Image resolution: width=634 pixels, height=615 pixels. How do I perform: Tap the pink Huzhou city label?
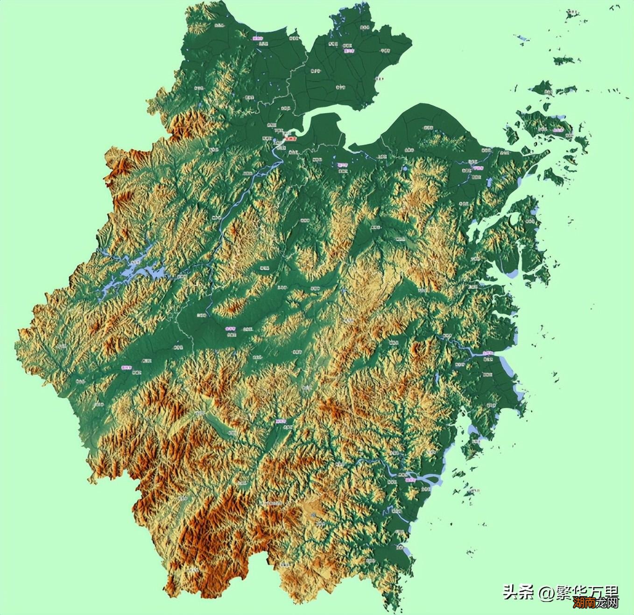[x=258, y=39]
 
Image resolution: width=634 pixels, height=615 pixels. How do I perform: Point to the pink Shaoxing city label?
[x=343, y=165]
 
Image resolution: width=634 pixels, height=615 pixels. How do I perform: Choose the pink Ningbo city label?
[x=477, y=168]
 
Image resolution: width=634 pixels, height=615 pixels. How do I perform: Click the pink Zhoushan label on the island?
[x=557, y=131]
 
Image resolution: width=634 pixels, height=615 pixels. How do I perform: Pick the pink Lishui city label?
[x=281, y=421]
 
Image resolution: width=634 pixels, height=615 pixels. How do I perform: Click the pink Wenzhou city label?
[x=410, y=479]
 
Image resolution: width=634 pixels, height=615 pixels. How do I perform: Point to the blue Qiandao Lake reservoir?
[x=140, y=273]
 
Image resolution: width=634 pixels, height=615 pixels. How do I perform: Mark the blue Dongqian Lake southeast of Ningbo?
[x=489, y=183]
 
